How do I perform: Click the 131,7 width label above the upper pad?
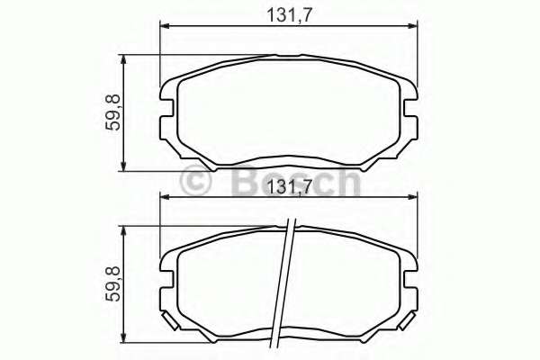pyautogui.click(x=289, y=13)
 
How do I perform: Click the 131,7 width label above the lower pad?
pyautogui.click(x=289, y=187)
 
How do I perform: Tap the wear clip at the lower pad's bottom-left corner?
pyautogui.click(x=168, y=320)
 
